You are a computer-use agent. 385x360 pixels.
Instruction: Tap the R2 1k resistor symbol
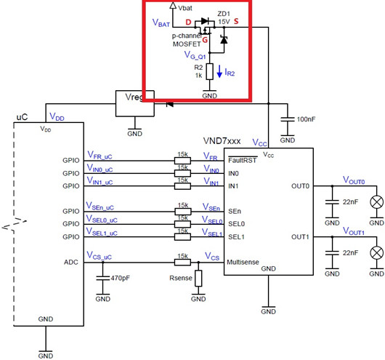pyautogui.click(x=208, y=71)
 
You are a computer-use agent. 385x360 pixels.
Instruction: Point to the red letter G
pyautogui.click(x=206, y=40)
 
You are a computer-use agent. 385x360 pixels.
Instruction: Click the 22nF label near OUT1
pyautogui.click(x=350, y=252)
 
